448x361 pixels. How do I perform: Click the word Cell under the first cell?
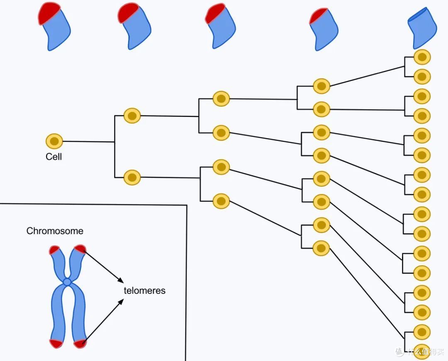[54, 157]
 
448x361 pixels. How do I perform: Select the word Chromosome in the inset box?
[55, 231]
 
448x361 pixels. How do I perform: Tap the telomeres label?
[145, 291]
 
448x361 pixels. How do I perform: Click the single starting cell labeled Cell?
[54, 141]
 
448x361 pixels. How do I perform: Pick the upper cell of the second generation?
[132, 116]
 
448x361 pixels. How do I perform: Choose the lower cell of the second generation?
[132, 177]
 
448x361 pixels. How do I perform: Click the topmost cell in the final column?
[422, 57]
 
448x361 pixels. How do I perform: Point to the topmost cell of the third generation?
[221, 99]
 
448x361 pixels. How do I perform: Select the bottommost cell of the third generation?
[221, 201]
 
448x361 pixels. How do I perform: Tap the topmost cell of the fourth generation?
[321, 86]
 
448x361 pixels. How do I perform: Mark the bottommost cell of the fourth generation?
[321, 248]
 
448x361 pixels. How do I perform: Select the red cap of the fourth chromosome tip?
[318, 16]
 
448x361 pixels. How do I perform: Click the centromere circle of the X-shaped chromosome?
[67, 282]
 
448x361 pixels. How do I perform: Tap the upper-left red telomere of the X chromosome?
[54, 250]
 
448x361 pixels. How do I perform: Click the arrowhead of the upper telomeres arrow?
[121, 281]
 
